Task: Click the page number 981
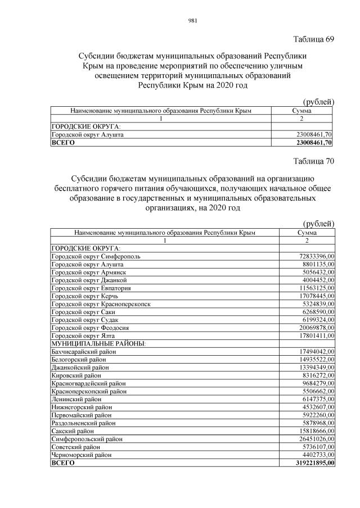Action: pyautogui.click(x=191, y=21)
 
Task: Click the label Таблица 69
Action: pyautogui.click(x=314, y=39)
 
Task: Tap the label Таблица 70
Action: pyautogui.click(x=314, y=161)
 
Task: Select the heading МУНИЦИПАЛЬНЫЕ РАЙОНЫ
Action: pyautogui.click(x=98, y=343)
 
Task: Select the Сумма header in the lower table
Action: pyautogui.click(x=307, y=232)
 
